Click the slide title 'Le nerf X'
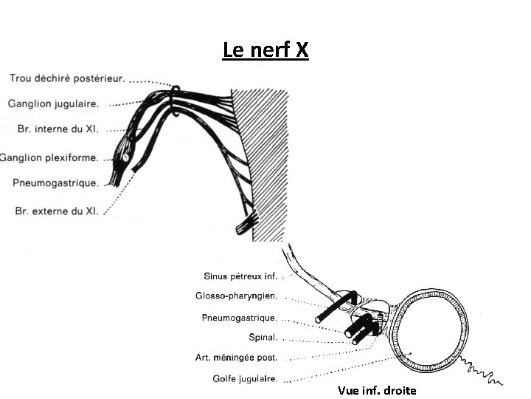click(265, 51)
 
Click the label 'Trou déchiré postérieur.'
click(67, 77)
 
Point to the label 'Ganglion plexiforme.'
click(49, 157)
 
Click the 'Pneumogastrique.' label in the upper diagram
click(55, 183)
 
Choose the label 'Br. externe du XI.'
click(57, 210)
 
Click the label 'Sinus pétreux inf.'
click(240, 276)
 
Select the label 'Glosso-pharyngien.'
click(237, 296)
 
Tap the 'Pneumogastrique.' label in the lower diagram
click(240, 318)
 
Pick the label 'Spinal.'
click(263, 338)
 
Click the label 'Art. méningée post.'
click(236, 358)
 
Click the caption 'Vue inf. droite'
click(376, 390)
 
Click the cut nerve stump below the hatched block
click(247, 219)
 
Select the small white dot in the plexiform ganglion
click(126, 157)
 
